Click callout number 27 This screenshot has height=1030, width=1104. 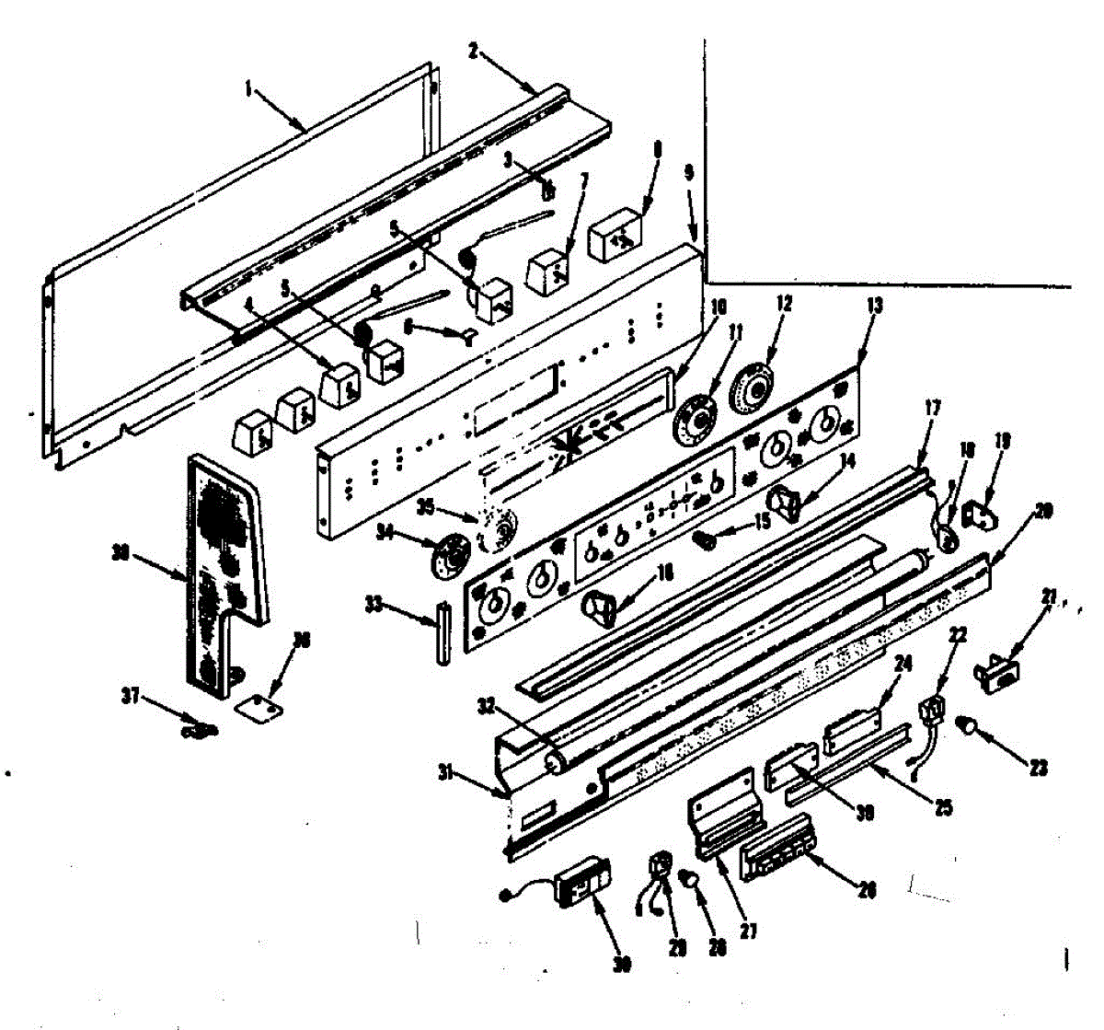748,931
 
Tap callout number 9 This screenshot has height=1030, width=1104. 689,171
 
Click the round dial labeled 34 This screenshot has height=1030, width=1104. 449,558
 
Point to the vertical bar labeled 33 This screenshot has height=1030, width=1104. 442,631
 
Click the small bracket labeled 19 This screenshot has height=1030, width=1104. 979,514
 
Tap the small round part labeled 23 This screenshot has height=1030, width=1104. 967,727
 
